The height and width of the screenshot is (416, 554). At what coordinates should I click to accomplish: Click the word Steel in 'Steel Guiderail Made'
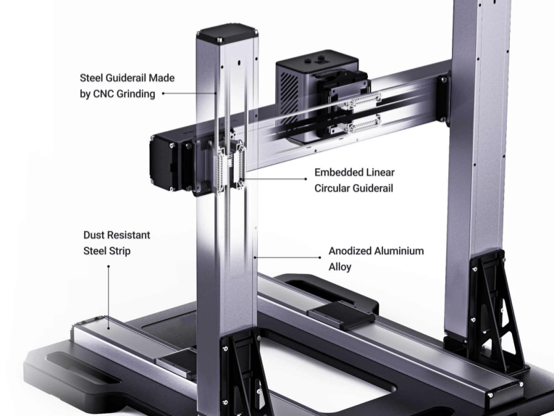tap(90, 78)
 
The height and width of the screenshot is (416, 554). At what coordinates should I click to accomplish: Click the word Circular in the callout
tap(330, 188)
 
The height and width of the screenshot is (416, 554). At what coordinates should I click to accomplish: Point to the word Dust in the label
tap(93, 235)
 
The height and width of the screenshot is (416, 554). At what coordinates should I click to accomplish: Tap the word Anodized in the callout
tap(350, 251)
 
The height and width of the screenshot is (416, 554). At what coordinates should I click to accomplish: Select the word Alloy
tap(340, 267)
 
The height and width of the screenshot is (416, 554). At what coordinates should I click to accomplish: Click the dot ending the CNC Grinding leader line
tap(163, 93)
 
